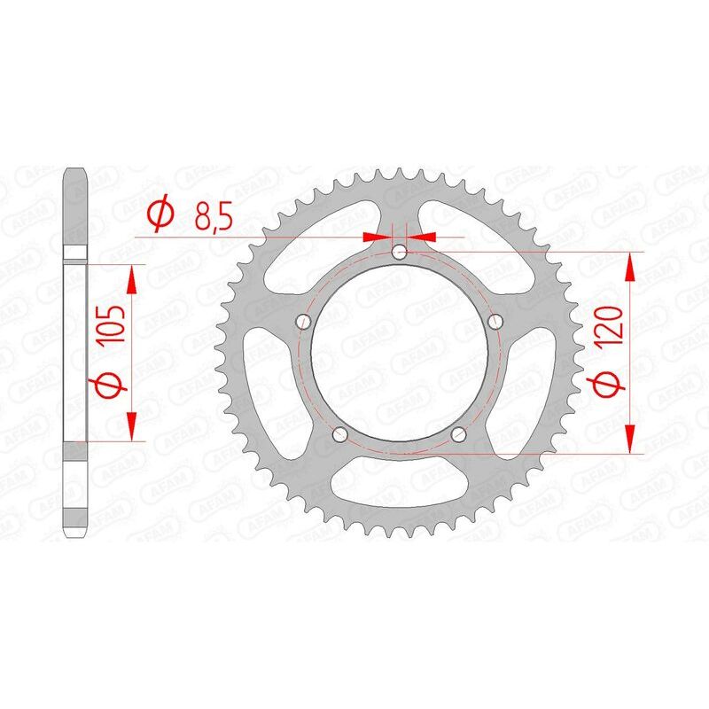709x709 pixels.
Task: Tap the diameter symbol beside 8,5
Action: point(160,214)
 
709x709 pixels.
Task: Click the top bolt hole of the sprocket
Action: point(399,253)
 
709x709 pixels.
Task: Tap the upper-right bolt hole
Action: point(495,320)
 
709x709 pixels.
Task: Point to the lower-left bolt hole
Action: point(339,435)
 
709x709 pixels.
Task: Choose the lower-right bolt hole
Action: point(458,435)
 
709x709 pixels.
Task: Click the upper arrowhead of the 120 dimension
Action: point(630,267)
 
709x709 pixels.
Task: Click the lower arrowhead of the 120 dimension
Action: point(630,440)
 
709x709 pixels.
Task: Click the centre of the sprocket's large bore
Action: point(399,354)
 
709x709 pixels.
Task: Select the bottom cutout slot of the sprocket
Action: point(399,491)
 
